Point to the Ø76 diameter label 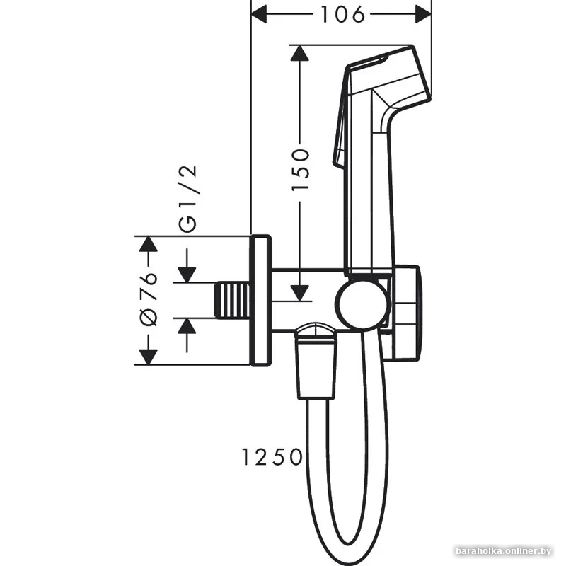click(149, 299)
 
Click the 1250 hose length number click(270, 457)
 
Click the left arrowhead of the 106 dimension click(260, 13)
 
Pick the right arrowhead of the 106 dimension click(423, 13)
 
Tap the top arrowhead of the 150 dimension click(301, 54)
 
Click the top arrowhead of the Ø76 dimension click(147, 244)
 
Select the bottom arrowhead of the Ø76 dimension click(147, 356)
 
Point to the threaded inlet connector click(232, 301)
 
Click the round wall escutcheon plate click(260, 301)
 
